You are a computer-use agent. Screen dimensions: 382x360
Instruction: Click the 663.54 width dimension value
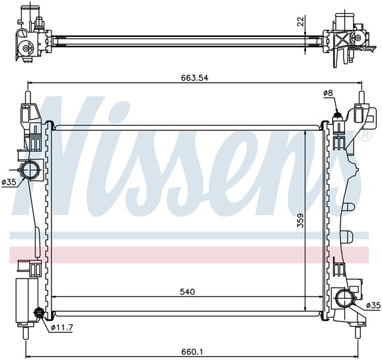click(195, 78)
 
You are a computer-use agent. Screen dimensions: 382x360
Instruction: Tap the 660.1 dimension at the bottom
click(192, 352)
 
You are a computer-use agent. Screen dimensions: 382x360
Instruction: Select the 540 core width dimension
click(188, 292)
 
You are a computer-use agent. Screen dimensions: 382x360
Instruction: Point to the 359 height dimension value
click(301, 220)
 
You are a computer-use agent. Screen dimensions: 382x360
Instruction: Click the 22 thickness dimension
click(301, 21)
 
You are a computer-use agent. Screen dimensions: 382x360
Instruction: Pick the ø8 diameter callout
click(328, 93)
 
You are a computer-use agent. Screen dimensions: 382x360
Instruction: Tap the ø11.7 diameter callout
click(62, 328)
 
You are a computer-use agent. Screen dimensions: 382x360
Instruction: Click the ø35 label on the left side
click(9, 182)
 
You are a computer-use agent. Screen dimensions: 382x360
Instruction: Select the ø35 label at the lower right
click(373, 305)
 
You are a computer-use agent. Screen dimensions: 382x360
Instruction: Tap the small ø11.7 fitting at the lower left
click(39, 312)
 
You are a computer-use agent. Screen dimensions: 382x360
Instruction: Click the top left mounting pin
click(28, 97)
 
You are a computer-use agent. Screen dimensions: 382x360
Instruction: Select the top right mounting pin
click(362, 97)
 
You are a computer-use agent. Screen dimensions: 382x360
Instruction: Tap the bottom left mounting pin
click(26, 333)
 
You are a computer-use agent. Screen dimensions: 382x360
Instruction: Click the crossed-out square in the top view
click(343, 39)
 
